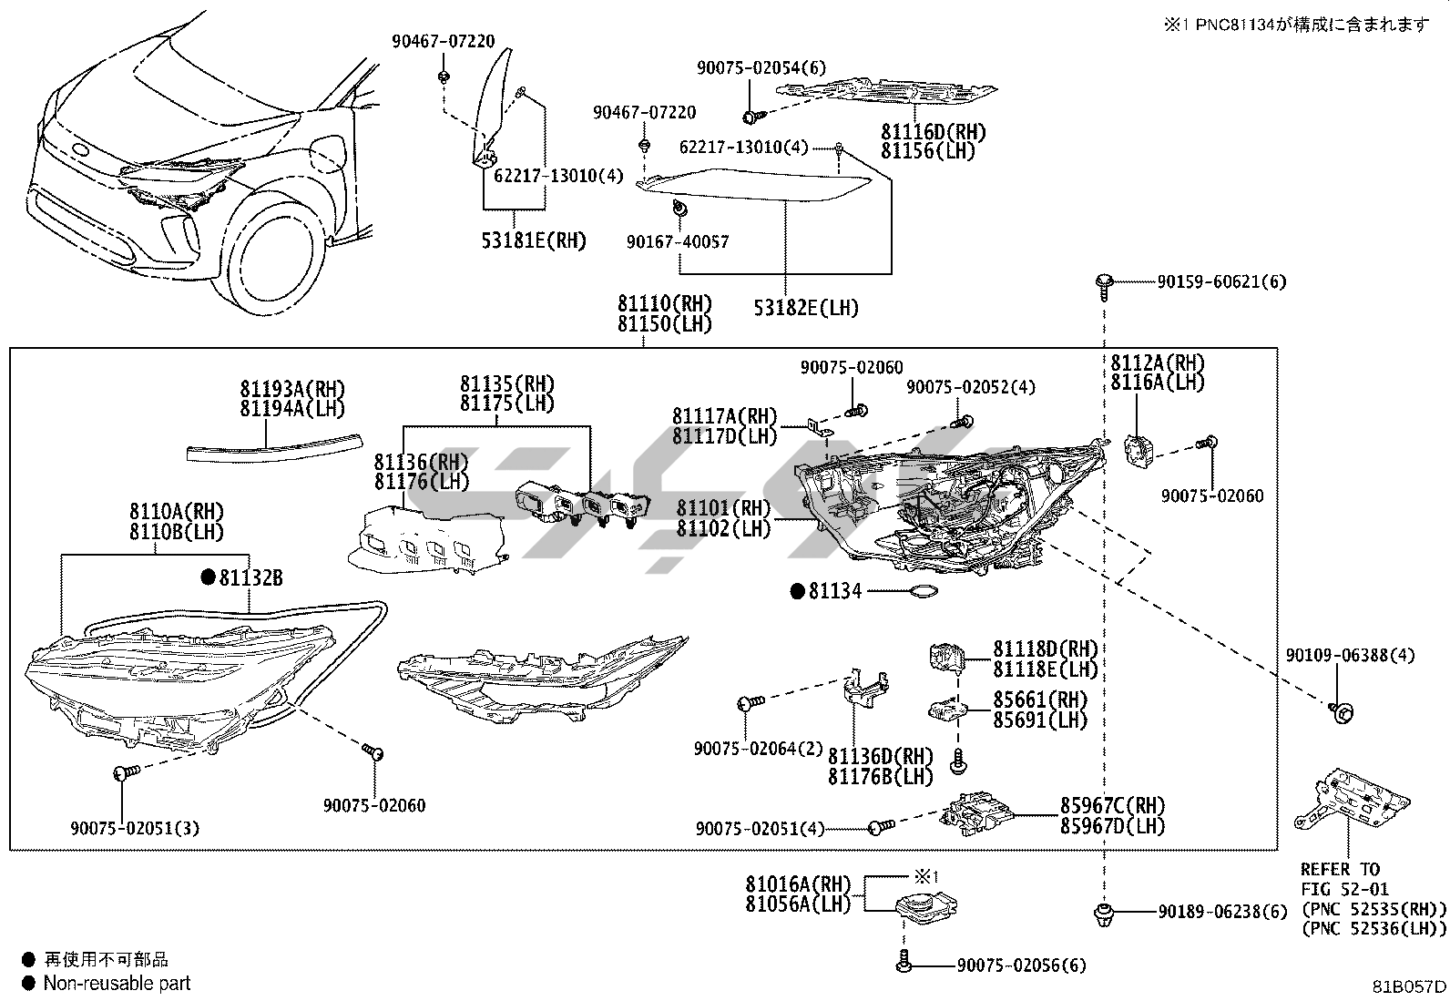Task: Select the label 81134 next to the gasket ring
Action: tap(834, 592)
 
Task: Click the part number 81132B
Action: tap(250, 577)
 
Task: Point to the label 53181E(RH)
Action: tap(534, 241)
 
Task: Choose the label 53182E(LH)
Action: tap(806, 308)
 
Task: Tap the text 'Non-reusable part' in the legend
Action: tap(117, 983)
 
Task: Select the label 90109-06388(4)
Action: tap(1350, 656)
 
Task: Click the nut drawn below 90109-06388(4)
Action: tap(1341, 711)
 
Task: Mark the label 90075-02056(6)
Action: tap(1021, 965)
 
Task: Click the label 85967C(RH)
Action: tap(1112, 806)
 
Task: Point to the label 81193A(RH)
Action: tap(293, 390)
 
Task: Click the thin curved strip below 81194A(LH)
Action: tap(273, 447)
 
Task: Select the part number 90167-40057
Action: tap(678, 242)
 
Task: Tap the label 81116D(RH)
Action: tap(933, 132)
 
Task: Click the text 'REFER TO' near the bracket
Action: tap(1340, 870)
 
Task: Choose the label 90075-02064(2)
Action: tap(758, 748)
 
